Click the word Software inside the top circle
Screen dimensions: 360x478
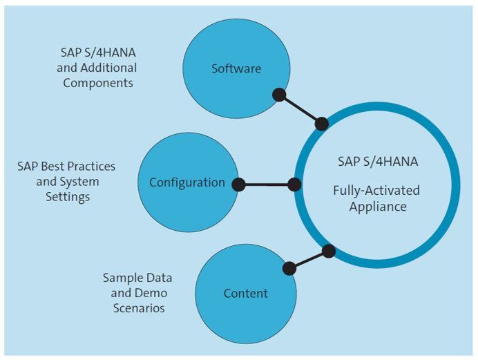(236, 68)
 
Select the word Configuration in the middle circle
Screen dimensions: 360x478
(187, 182)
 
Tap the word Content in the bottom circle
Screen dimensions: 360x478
(245, 294)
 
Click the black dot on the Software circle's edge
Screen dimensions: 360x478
(279, 95)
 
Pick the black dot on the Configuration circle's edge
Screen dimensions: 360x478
(238, 184)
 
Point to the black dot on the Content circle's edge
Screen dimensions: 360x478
(289, 268)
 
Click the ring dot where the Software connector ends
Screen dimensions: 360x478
(321, 124)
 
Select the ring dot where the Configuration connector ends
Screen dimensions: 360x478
(294, 184)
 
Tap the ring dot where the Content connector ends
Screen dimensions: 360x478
(329, 251)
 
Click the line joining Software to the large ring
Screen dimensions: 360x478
(300, 110)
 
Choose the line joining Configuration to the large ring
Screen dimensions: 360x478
(266, 184)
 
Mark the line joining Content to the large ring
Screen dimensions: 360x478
(309, 260)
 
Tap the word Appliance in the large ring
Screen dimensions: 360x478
(377, 206)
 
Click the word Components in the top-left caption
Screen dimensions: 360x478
(98, 82)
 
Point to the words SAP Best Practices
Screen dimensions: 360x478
(66, 167)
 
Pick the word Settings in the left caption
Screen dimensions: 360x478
(67, 197)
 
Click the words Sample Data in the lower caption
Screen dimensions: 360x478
(137, 278)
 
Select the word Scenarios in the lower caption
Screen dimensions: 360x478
(139, 308)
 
